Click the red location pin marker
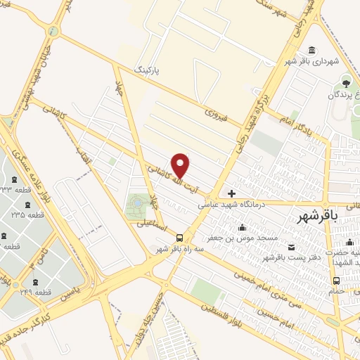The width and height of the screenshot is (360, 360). click(x=181, y=165)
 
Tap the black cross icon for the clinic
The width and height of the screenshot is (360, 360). click(x=232, y=193)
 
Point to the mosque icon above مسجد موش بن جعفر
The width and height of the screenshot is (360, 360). click(x=243, y=227)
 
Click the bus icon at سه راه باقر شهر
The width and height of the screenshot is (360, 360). click(x=181, y=238)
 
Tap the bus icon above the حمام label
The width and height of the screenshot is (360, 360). click(x=336, y=281)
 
